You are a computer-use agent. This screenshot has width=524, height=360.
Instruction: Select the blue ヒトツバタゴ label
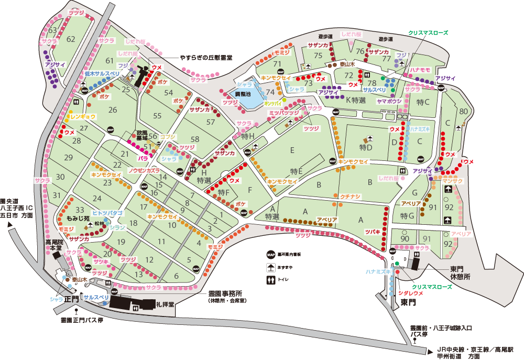[x=107, y=213]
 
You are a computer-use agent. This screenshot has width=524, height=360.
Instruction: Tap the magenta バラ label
[x=143, y=157]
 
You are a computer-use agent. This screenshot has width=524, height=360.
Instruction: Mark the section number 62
[x=71, y=39]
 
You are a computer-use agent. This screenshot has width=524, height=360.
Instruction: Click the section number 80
[x=463, y=111]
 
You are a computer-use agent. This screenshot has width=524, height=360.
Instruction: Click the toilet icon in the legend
[x=270, y=280]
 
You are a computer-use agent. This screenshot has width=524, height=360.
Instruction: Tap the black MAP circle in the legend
[x=270, y=255]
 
